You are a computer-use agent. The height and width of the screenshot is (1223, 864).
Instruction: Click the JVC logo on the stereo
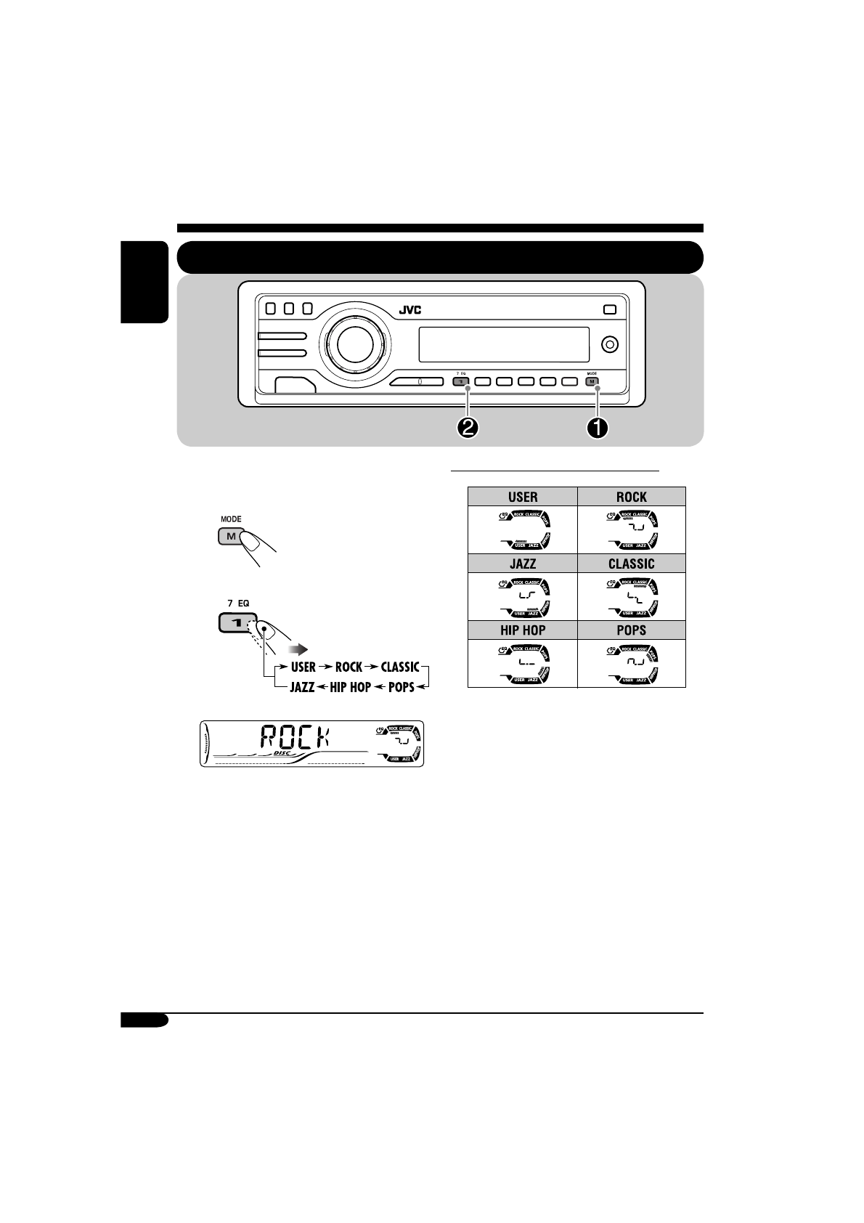click(409, 310)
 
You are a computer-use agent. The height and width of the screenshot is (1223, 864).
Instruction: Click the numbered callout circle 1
click(597, 428)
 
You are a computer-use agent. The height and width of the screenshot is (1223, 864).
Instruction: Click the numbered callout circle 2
click(468, 428)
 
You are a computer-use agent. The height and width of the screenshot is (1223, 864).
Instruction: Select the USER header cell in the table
click(523, 497)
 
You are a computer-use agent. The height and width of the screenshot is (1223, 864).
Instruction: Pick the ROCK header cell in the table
click(631, 497)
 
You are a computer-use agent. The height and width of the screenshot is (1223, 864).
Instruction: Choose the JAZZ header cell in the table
click(523, 564)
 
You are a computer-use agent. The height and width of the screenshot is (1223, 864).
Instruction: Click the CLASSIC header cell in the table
click(631, 564)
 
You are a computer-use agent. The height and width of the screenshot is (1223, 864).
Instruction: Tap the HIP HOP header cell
click(523, 630)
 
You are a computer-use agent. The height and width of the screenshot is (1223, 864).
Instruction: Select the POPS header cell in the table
click(631, 630)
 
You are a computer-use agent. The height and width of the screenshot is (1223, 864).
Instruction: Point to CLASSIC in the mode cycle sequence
click(400, 667)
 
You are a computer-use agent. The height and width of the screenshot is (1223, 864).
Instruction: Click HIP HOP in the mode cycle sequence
click(350, 687)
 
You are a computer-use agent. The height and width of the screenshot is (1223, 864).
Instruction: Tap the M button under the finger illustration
click(230, 537)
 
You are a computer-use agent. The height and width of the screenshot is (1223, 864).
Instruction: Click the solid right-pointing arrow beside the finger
click(298, 649)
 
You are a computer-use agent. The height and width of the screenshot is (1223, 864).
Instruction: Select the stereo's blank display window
click(503, 344)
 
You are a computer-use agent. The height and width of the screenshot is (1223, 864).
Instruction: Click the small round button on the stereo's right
click(610, 344)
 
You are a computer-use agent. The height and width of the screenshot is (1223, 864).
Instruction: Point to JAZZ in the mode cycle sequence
click(302, 687)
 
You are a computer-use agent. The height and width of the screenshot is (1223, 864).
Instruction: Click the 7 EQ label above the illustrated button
click(238, 604)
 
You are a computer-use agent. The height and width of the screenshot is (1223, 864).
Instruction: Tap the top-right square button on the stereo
click(609, 309)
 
